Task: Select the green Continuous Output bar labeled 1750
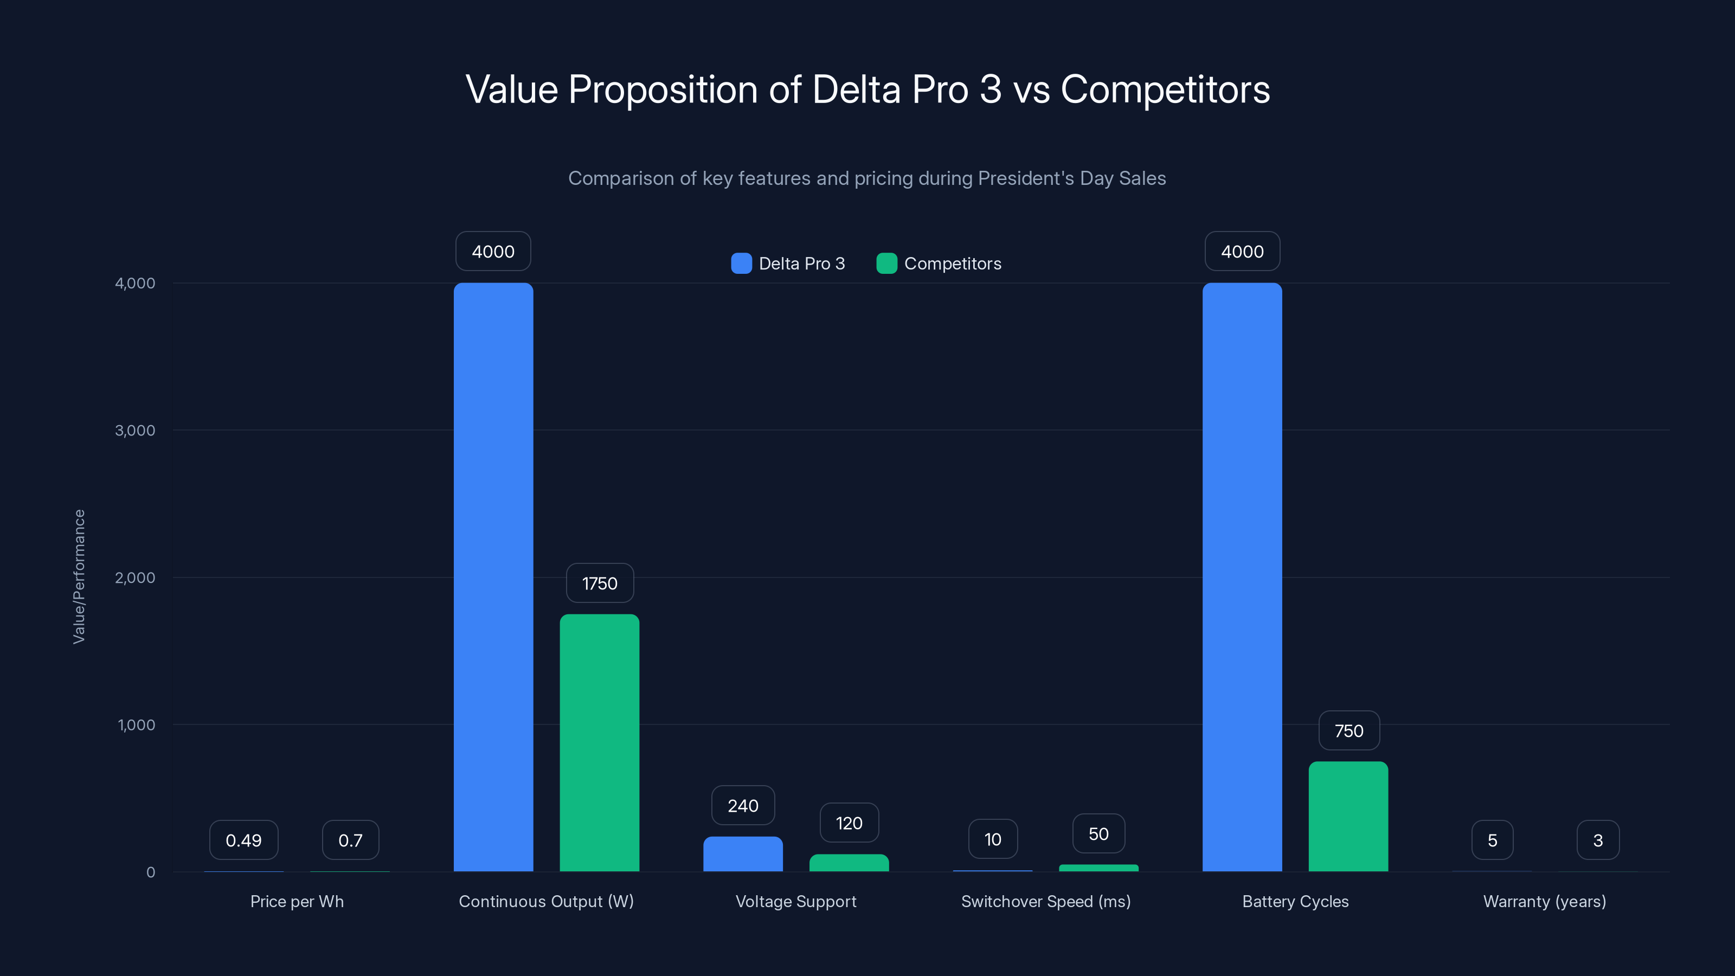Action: [600, 742]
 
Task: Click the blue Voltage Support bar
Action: [743, 854]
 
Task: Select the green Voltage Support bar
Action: [849, 863]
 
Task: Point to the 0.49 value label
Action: [243, 840]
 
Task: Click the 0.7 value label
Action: [350, 840]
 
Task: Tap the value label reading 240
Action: [743, 806]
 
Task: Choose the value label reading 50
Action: [1098, 834]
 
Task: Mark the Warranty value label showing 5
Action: [1492, 840]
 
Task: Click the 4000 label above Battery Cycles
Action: [1242, 251]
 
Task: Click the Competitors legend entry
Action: [939, 264]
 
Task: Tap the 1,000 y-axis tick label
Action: [136, 725]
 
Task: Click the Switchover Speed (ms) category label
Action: [1045, 901]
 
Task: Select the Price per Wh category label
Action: [297, 901]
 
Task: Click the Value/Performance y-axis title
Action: [79, 576]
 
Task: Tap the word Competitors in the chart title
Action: [1165, 89]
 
